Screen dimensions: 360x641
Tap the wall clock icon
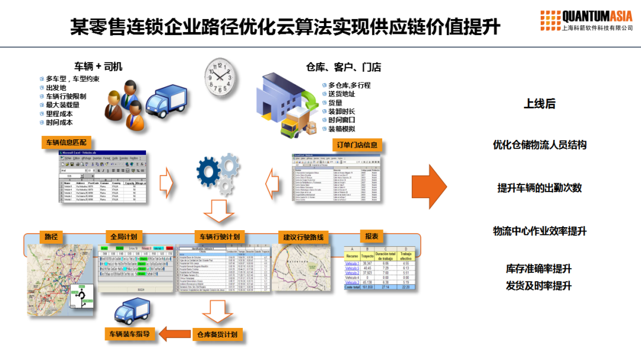[x=219, y=77]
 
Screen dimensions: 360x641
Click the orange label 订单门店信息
[x=354, y=145]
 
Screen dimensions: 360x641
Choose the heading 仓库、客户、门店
[x=344, y=67]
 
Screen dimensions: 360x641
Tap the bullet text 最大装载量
[x=62, y=105]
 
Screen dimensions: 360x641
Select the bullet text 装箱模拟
[x=341, y=129]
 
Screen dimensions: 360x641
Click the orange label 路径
[x=51, y=236]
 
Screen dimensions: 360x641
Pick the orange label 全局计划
[x=123, y=236]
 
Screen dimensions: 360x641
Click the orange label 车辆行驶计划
[x=220, y=237]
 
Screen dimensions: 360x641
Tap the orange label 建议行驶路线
[x=303, y=237]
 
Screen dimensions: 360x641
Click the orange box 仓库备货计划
[x=217, y=334]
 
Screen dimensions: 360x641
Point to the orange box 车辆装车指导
[x=129, y=334]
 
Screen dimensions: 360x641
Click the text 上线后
[x=539, y=104]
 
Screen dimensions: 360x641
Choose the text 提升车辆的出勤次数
[x=539, y=188]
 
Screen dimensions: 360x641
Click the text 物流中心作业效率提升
[x=539, y=231]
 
